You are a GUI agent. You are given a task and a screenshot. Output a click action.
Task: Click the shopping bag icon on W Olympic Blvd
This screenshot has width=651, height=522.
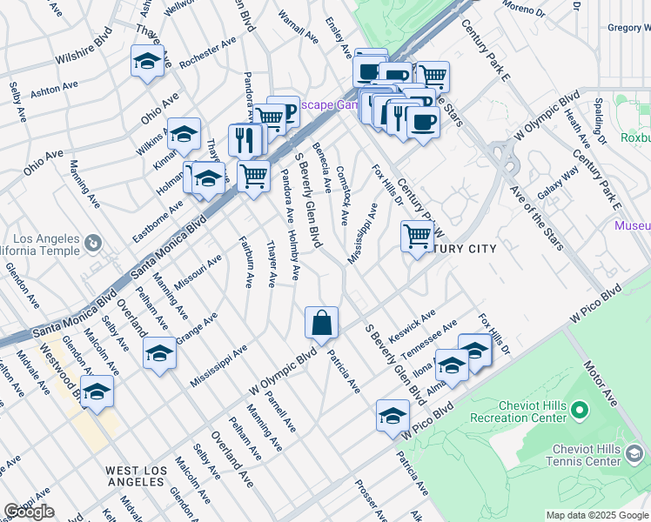(x=321, y=323)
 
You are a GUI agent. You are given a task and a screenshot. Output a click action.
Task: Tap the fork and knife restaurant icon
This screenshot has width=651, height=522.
(x=245, y=139)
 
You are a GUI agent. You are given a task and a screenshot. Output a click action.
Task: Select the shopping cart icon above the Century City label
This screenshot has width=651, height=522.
(x=418, y=235)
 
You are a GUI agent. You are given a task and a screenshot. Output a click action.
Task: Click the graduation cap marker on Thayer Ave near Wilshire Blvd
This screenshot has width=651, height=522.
(x=148, y=62)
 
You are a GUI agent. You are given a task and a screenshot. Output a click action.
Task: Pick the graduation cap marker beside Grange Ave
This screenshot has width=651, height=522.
(x=159, y=353)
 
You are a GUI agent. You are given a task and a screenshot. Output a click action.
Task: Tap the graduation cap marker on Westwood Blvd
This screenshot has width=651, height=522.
(x=97, y=392)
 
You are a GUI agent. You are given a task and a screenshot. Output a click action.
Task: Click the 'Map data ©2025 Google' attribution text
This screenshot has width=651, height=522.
(x=597, y=515)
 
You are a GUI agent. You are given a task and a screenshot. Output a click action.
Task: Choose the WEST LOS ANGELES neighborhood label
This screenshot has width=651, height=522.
(x=136, y=477)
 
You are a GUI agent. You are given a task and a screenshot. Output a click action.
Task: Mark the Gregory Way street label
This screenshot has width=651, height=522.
(x=629, y=27)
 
